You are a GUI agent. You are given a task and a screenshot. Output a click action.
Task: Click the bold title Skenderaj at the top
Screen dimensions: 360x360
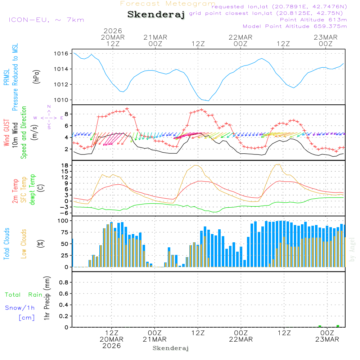click(x=156, y=14)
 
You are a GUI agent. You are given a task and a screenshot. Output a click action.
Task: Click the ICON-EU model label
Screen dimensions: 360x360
click(x=46, y=20)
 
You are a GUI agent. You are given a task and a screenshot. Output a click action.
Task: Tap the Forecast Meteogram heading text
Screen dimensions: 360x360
click(x=168, y=4)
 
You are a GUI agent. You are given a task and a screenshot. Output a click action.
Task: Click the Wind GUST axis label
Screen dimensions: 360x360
click(x=6, y=133)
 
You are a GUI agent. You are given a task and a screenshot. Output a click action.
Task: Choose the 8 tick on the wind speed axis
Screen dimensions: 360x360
click(x=66, y=114)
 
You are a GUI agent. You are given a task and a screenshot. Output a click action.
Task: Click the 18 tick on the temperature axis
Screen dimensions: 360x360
click(x=65, y=166)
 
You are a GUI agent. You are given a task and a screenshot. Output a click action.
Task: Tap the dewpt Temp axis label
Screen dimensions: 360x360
click(x=32, y=190)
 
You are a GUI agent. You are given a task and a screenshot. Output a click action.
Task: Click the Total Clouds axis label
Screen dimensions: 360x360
click(x=6, y=244)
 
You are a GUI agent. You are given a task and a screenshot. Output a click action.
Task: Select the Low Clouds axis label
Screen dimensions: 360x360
click(x=24, y=243)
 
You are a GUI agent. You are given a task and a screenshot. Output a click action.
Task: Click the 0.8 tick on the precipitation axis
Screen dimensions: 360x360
click(x=63, y=283)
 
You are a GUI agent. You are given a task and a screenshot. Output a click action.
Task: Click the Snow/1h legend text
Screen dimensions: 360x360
click(x=20, y=308)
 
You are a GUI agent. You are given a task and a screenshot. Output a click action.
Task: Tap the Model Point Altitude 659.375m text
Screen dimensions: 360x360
click(x=295, y=26)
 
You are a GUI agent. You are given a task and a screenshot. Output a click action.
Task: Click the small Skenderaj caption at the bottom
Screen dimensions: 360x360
click(x=171, y=348)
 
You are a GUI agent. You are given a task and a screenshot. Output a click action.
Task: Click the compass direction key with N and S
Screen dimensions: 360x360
click(x=49, y=117)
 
